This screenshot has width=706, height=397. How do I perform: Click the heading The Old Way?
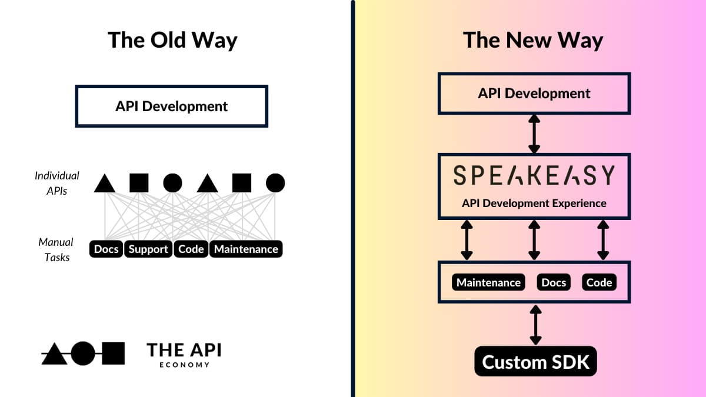(172, 40)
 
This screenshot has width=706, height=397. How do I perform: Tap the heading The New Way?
(533, 40)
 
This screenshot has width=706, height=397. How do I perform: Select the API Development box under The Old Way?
(171, 106)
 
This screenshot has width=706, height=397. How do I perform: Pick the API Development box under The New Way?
(534, 93)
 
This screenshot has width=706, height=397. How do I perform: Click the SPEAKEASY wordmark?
(534, 175)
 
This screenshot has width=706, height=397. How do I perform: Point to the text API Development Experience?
(534, 203)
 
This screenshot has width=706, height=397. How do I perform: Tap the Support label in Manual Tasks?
(148, 249)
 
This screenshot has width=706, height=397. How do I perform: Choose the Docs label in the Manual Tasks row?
(106, 249)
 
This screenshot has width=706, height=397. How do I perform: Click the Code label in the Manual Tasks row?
(191, 249)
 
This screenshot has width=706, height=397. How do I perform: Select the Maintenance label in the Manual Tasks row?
(246, 249)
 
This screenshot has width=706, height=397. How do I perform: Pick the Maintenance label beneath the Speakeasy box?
(488, 283)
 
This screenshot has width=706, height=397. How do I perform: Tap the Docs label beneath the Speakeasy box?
(554, 283)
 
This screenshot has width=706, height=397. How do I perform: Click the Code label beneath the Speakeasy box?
(600, 283)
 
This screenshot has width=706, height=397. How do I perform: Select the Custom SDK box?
(535, 362)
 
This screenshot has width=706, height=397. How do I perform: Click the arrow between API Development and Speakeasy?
(534, 134)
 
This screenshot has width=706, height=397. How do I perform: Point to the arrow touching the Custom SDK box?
(535, 325)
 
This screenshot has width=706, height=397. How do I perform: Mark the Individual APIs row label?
(57, 183)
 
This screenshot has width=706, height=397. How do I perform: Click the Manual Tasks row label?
(56, 249)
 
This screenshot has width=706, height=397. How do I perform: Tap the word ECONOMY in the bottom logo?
(184, 365)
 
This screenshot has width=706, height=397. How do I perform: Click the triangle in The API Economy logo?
(54, 353)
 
